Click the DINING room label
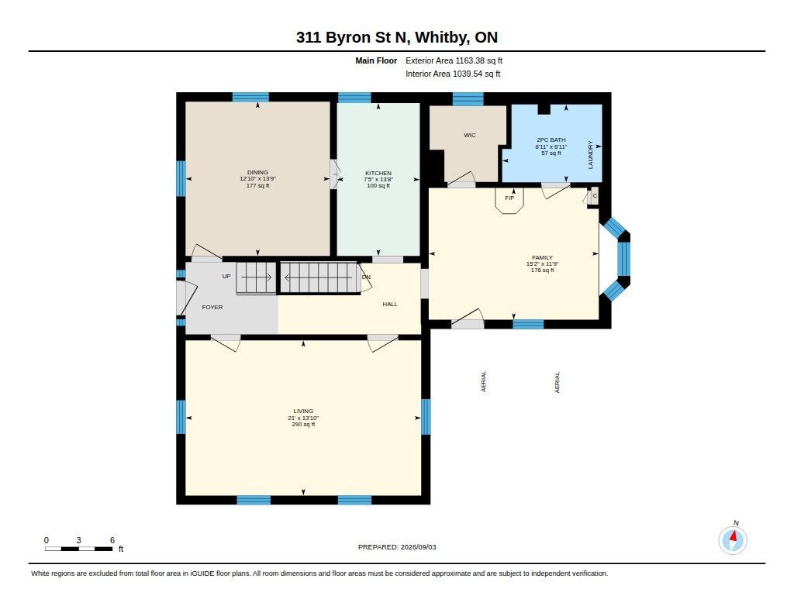point(257,172)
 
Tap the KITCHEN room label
point(378,173)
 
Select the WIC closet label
point(469,135)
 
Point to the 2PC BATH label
point(551,139)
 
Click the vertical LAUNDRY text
point(590,155)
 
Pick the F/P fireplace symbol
point(509,201)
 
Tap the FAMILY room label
point(542,257)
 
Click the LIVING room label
point(303,411)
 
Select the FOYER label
point(212,307)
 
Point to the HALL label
point(390,305)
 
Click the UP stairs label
point(226,276)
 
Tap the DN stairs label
point(366,277)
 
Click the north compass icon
point(733,540)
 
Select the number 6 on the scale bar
point(112,540)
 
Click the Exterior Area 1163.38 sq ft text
point(454,60)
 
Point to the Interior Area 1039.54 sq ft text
point(453,74)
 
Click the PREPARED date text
point(397,547)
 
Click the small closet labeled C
point(595,196)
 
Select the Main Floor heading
point(376,60)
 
